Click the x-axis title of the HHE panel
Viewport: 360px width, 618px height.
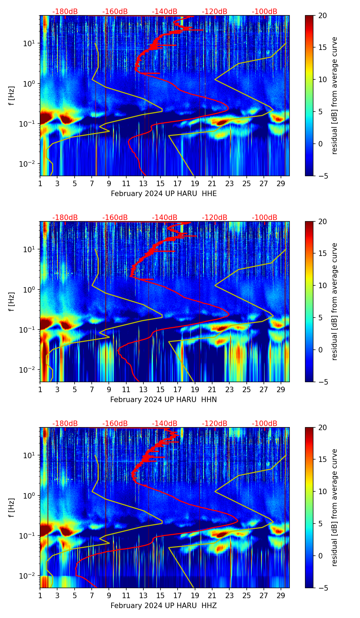click(x=164, y=194)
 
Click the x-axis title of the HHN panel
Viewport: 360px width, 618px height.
click(x=163, y=400)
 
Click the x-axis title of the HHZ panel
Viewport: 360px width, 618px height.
click(x=163, y=606)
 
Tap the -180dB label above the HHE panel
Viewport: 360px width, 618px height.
click(x=65, y=12)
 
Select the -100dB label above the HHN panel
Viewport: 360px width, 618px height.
click(x=265, y=218)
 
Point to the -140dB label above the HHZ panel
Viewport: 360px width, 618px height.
click(x=165, y=424)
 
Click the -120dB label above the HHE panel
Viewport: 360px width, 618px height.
click(x=215, y=12)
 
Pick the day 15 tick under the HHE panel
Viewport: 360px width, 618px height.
click(x=160, y=183)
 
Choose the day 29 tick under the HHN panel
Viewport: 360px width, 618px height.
click(x=281, y=389)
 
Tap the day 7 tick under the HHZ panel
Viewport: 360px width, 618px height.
click(x=92, y=595)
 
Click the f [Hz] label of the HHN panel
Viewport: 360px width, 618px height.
click(x=12, y=301)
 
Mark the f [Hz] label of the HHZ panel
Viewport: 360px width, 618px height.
click(x=12, y=507)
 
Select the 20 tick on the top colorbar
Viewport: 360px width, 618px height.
click(x=322, y=15)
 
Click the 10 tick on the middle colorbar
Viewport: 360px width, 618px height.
click(x=322, y=285)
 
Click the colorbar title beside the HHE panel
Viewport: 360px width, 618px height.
click(x=335, y=95)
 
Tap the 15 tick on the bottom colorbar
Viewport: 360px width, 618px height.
click(x=322, y=460)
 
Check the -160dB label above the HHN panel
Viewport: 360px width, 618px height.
click(x=115, y=218)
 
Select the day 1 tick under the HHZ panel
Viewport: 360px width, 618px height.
click(x=40, y=595)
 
